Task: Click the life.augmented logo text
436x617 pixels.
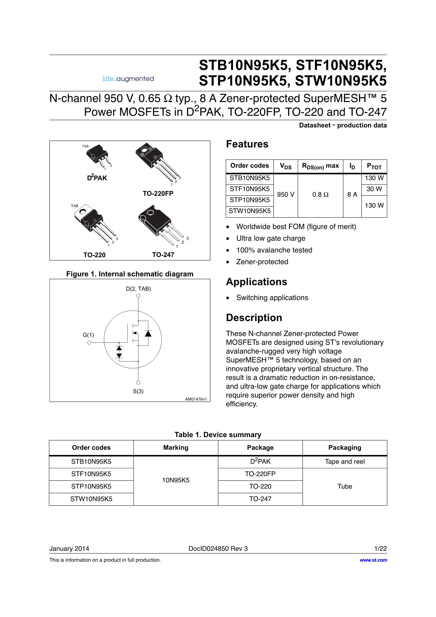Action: pyautogui.click(x=128, y=79)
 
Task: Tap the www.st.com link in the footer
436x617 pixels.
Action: pyautogui.click(x=373, y=560)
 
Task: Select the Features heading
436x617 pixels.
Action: pyautogui.click(x=247, y=144)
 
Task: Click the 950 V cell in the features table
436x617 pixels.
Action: pyautogui.click(x=285, y=194)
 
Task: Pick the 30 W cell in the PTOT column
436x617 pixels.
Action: pyautogui.click(x=374, y=189)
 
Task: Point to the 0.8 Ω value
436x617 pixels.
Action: pyautogui.click(x=320, y=194)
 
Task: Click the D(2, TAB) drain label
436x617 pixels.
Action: pyautogui.click(x=138, y=289)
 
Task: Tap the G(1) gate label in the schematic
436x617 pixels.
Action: pyautogui.click(x=88, y=335)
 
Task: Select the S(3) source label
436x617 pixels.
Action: pyautogui.click(x=138, y=391)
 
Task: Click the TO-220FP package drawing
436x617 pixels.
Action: pyautogui.click(x=157, y=164)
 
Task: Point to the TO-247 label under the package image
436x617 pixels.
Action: pyautogui.click(x=163, y=255)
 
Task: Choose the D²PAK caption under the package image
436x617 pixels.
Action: pyautogui.click(x=97, y=178)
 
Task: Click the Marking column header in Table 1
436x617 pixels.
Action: pyautogui.click(x=175, y=447)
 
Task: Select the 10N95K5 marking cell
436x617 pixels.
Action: pyautogui.click(x=175, y=480)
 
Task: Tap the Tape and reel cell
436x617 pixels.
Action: pyautogui.click(x=345, y=461)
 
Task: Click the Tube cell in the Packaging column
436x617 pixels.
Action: pyautogui.click(x=345, y=486)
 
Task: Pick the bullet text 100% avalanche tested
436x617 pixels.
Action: pyautogui.click(x=274, y=250)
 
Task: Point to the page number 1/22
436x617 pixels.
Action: pyautogui.click(x=380, y=548)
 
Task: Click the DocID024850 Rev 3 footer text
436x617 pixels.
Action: pyautogui.click(x=218, y=548)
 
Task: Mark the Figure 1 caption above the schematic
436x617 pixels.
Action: pyautogui.click(x=130, y=274)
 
